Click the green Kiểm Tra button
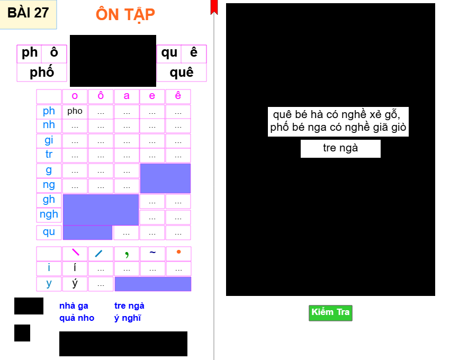click(x=330, y=312)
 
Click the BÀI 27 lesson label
click(x=28, y=13)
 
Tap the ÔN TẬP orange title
click(x=125, y=14)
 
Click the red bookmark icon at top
click(x=214, y=6)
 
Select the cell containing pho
click(x=75, y=111)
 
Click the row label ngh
click(x=49, y=215)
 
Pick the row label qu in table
click(x=49, y=232)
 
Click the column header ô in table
click(x=101, y=96)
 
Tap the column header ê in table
click(x=178, y=96)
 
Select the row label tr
click(x=49, y=155)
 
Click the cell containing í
click(x=75, y=268)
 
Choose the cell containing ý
click(x=75, y=283)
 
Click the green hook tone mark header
click(x=127, y=254)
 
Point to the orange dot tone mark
click(x=178, y=252)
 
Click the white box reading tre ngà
click(x=340, y=148)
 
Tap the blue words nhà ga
click(x=74, y=306)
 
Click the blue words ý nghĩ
click(x=128, y=318)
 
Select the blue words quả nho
click(x=76, y=318)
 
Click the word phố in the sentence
click(x=280, y=128)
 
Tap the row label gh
click(x=49, y=200)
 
